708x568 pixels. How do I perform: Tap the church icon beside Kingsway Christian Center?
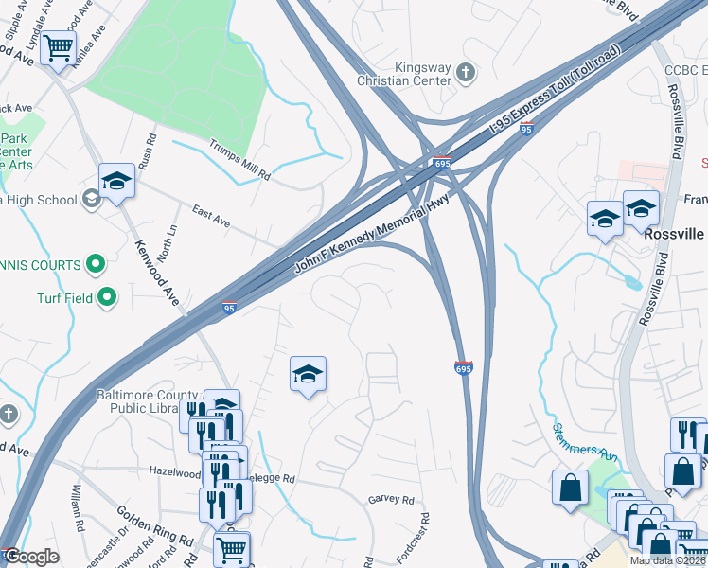coord(465,71)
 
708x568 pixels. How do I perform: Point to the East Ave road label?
coord(210,215)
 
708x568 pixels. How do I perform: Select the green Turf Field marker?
coord(106,298)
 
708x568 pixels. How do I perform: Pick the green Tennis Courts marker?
coord(96,264)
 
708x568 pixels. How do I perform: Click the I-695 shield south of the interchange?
coord(463,367)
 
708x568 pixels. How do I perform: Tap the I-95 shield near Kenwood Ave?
coord(228,308)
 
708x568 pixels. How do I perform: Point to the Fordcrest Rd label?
coord(413,538)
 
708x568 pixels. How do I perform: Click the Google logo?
coord(32,557)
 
